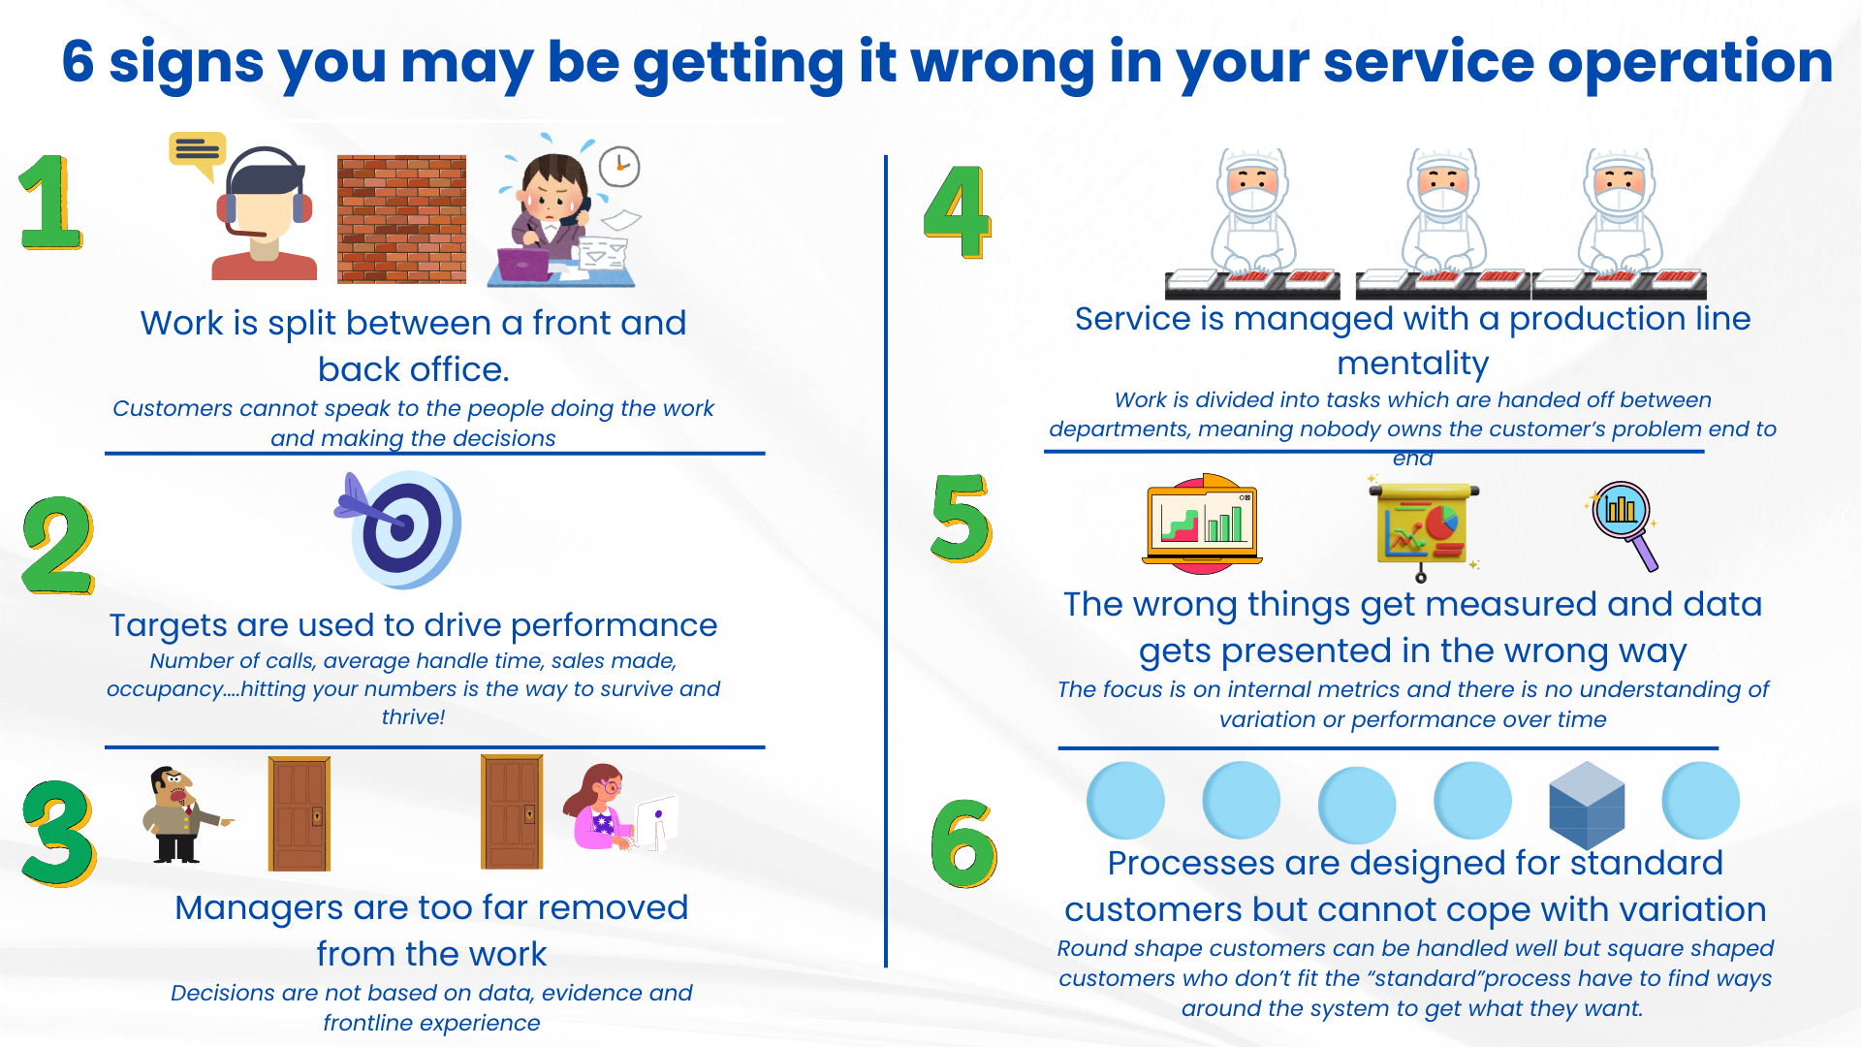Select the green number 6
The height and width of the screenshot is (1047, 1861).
point(962,843)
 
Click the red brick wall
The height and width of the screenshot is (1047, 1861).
point(401,219)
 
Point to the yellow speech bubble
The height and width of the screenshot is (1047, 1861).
point(197,153)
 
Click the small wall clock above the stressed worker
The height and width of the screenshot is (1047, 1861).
point(619,167)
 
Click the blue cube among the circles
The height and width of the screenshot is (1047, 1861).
point(1587,805)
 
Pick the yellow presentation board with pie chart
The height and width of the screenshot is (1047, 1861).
point(1423,528)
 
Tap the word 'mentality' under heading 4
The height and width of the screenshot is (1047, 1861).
point(1412,364)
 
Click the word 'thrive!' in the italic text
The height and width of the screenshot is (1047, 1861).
point(413,717)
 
